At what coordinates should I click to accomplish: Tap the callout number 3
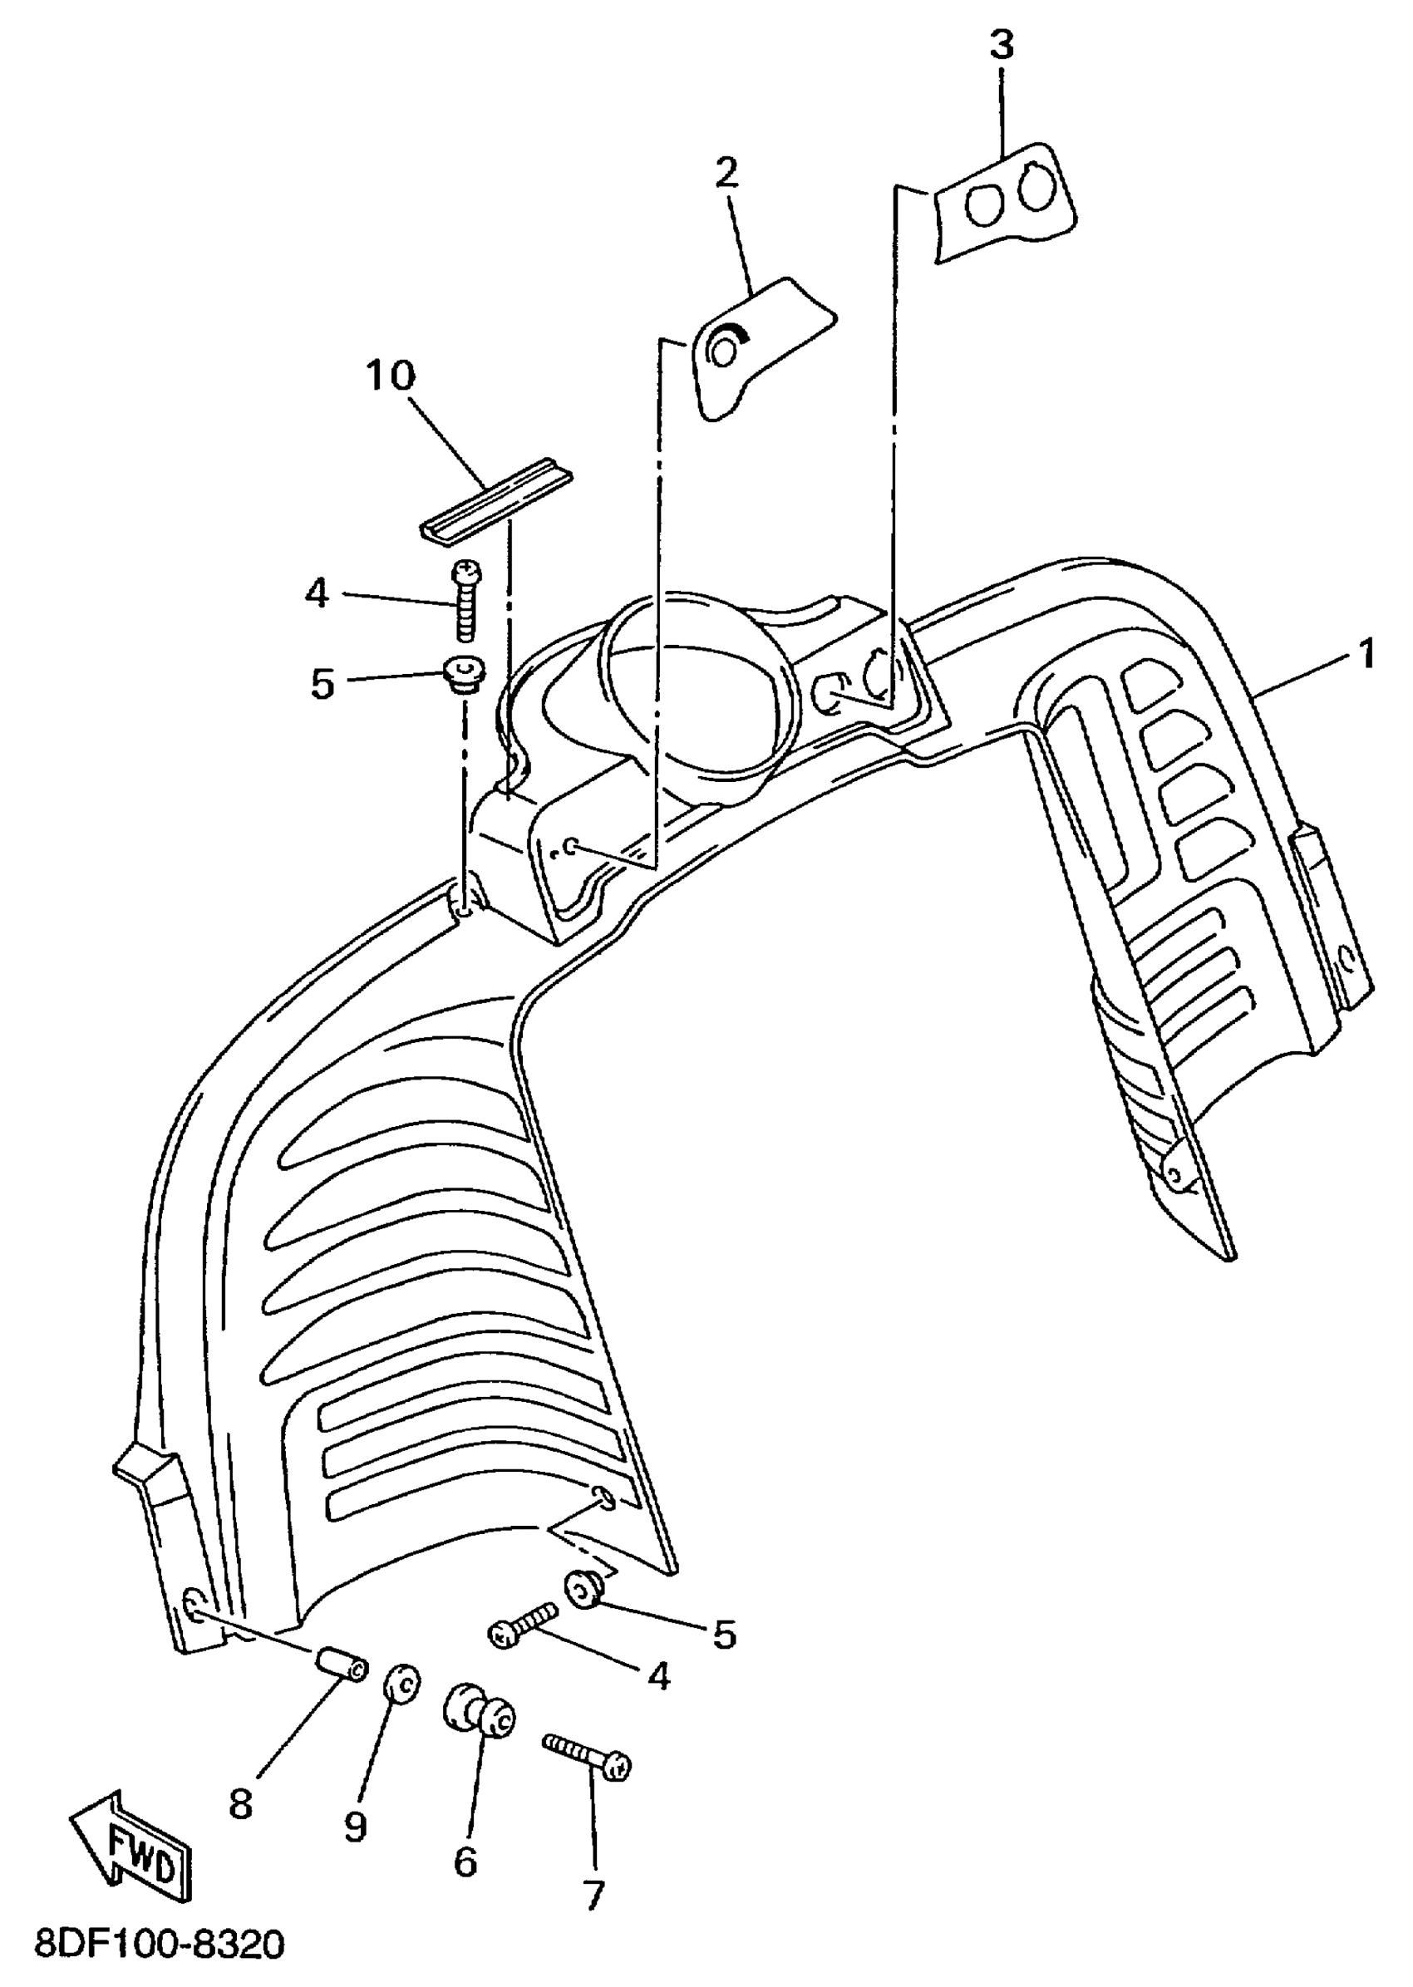click(1002, 44)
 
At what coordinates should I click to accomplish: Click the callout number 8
click(241, 1805)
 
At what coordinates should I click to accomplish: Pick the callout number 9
click(355, 1827)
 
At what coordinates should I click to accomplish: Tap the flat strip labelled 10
click(496, 503)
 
